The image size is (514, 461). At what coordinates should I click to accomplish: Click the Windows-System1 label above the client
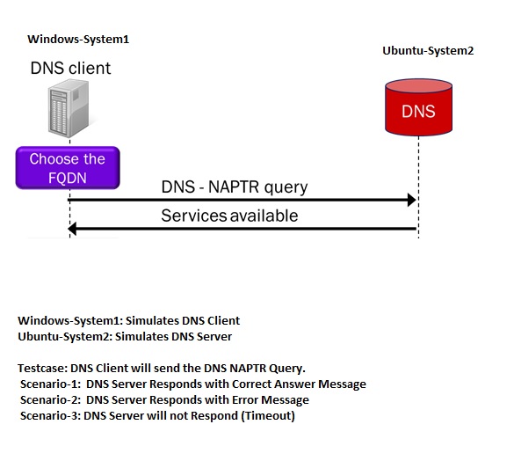pos(78,39)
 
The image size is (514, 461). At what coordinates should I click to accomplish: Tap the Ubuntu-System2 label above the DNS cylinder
pos(428,50)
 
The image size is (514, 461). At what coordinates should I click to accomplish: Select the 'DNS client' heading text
pos(70,69)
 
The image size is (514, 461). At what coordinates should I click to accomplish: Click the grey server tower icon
pos(69,108)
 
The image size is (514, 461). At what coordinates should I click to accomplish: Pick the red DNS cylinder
pos(418,107)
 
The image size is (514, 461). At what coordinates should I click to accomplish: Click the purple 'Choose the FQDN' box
pos(68,168)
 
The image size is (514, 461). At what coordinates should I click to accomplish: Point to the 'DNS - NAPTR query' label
pos(235,187)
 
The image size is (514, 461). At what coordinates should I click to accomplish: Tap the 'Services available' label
pos(229,216)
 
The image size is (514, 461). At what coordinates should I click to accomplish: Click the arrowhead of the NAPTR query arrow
pos(412,200)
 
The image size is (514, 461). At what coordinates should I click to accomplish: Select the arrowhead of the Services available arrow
pos(72,229)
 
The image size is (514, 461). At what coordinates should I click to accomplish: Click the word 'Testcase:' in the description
pos(43,368)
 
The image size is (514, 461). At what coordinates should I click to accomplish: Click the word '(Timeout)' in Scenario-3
pos(268,415)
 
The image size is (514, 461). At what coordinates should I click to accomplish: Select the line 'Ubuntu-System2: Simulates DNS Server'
pos(125,337)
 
